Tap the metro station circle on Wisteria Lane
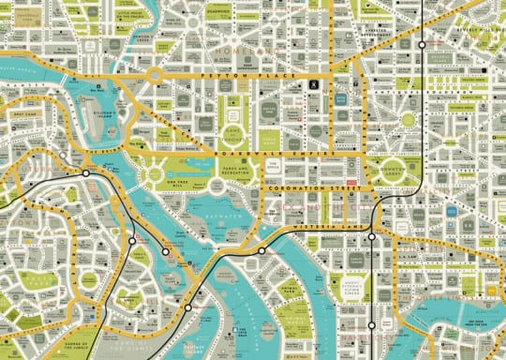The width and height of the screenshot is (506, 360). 372,236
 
